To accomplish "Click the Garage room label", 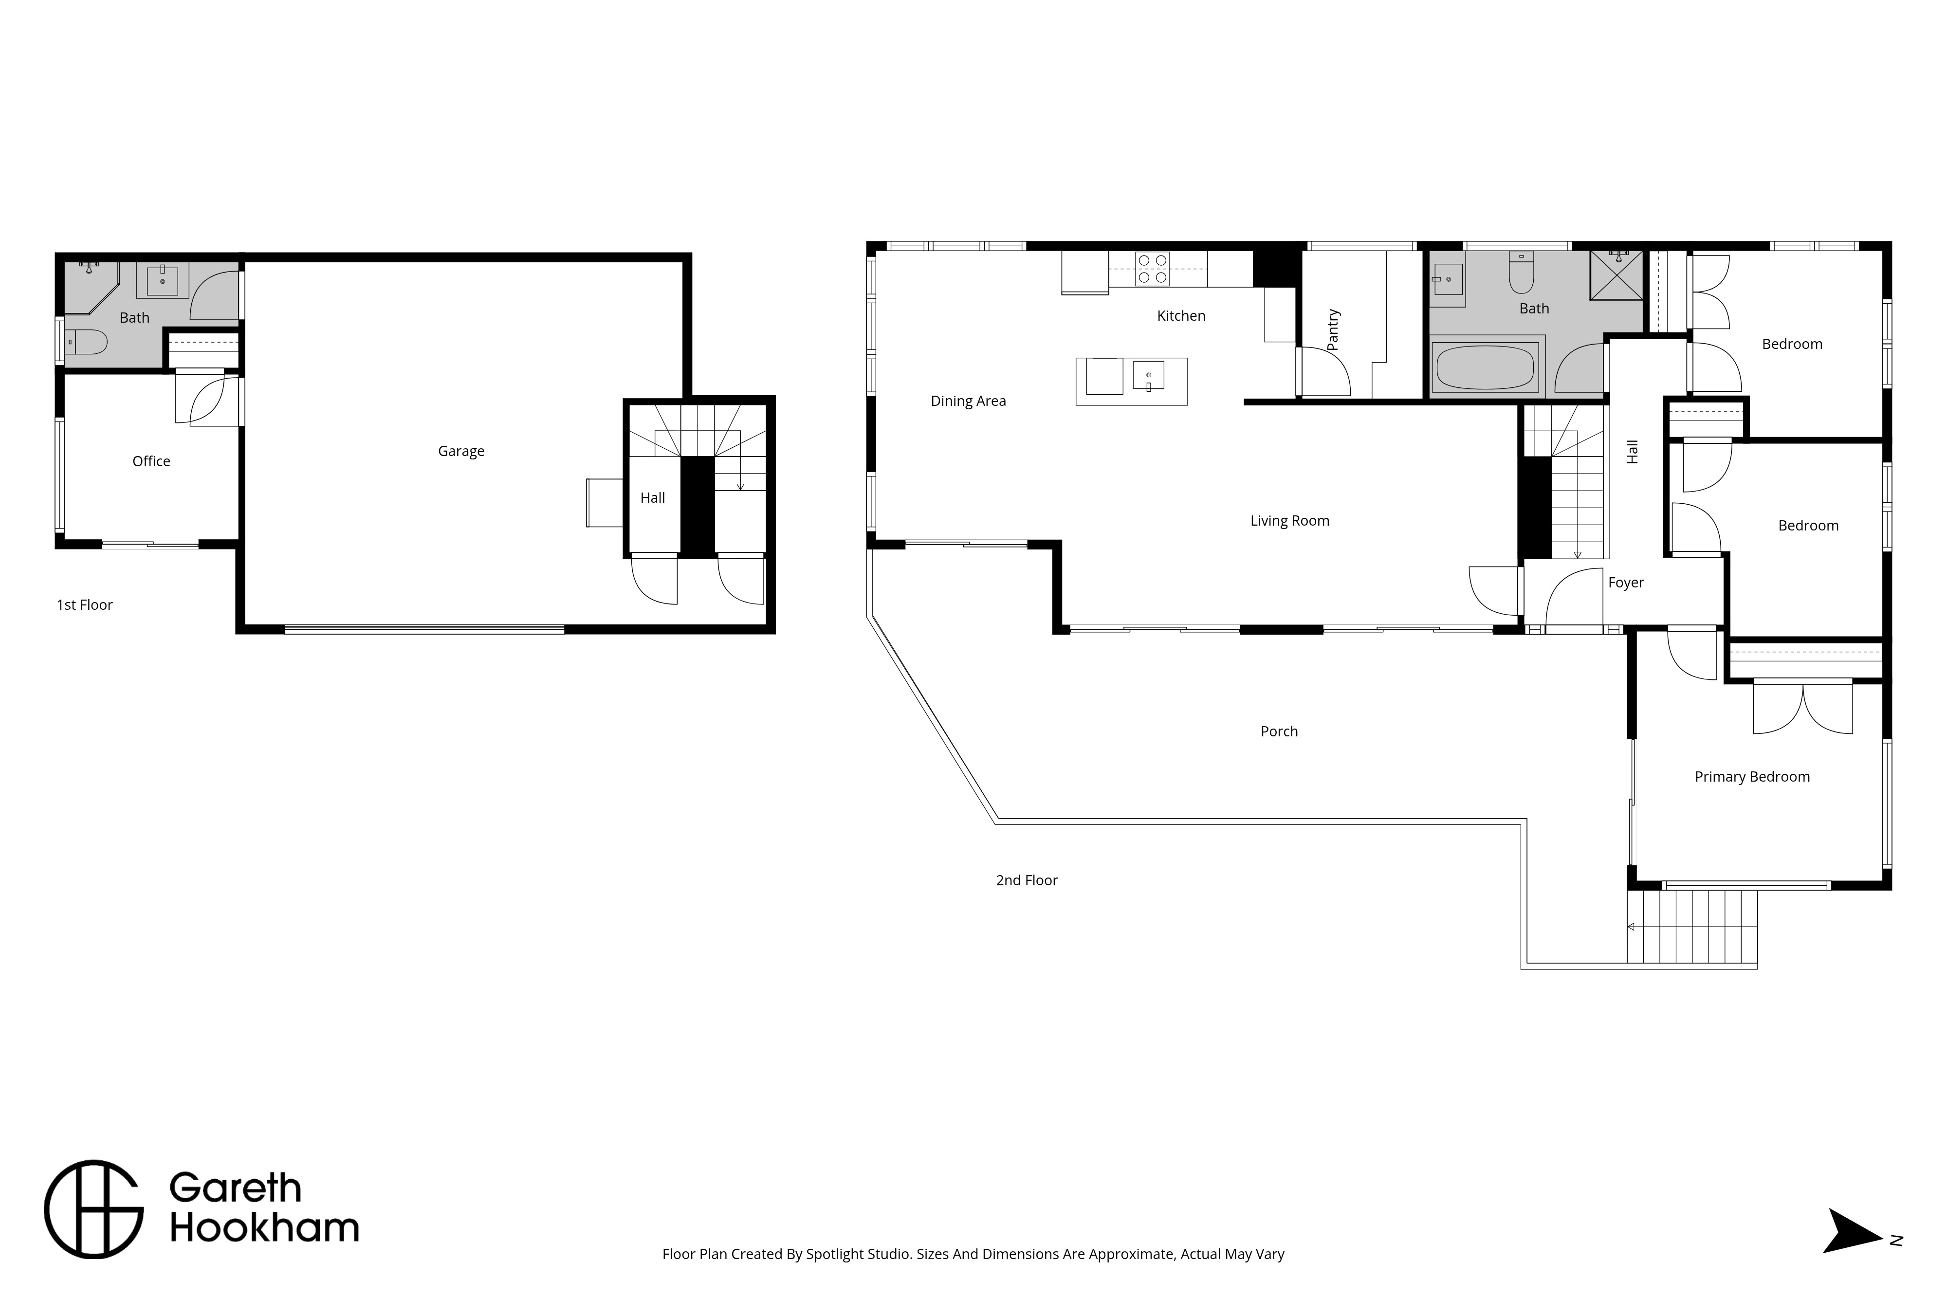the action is click(x=461, y=451).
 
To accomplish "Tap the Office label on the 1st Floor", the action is click(x=151, y=461).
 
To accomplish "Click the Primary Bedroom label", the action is click(x=1752, y=776).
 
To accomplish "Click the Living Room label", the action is click(x=1290, y=521).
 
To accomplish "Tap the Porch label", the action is click(x=1279, y=731).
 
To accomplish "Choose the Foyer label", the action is click(x=1626, y=583).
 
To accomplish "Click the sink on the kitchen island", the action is click(x=1148, y=375).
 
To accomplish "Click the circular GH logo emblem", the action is click(x=93, y=1209).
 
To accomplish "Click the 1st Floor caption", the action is click(x=84, y=605).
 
